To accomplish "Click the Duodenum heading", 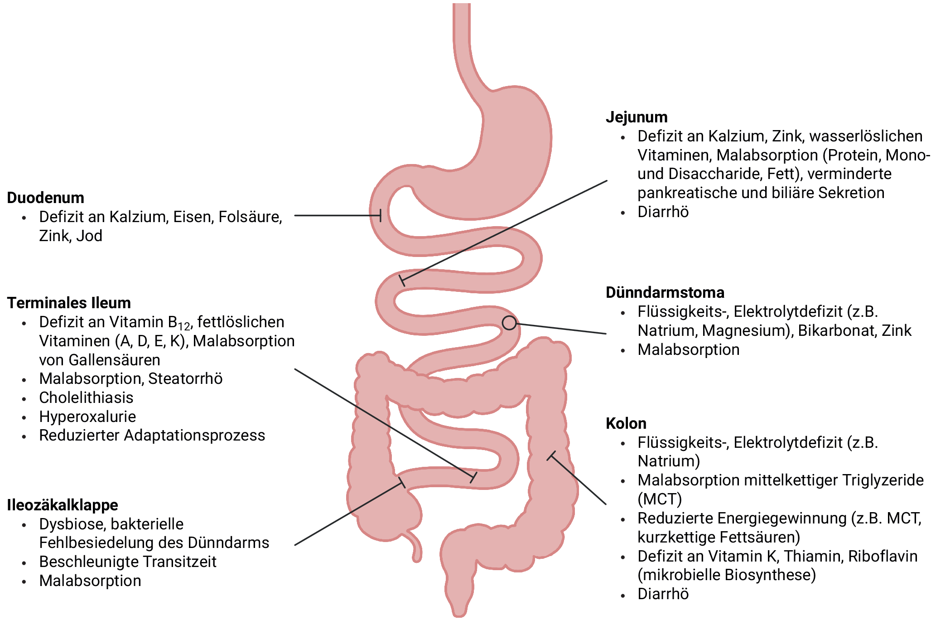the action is coord(45,198).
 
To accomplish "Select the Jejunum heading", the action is coord(636,117).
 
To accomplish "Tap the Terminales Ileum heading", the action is coord(69,303).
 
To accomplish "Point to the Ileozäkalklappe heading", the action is coord(63,505).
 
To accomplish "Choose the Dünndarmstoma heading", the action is coord(665,292).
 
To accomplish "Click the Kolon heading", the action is coord(626,423).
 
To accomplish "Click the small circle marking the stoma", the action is coord(509,323).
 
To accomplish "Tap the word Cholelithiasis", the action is coord(86,397).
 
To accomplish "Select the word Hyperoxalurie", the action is coord(87,417).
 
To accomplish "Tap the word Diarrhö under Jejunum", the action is coord(663,212).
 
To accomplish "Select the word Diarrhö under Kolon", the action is coord(663,594).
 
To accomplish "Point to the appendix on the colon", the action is coord(415,548).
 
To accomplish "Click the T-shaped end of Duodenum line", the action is coord(380,215).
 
